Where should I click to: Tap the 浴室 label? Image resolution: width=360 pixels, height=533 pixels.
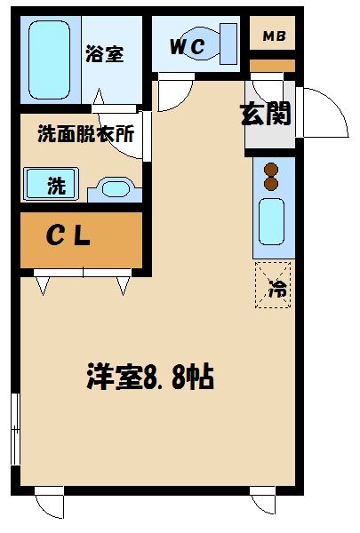[x=104, y=53]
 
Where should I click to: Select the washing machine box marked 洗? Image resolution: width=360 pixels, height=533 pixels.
[x=51, y=185]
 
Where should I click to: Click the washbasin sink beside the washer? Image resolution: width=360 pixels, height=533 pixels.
[x=115, y=187]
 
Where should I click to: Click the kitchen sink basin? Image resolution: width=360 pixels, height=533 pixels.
[x=271, y=222]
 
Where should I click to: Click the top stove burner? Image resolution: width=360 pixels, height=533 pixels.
[x=273, y=169]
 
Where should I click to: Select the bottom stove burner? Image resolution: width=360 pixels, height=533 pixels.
[x=273, y=183]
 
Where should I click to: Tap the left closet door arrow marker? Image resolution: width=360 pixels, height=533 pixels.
[x=42, y=284]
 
